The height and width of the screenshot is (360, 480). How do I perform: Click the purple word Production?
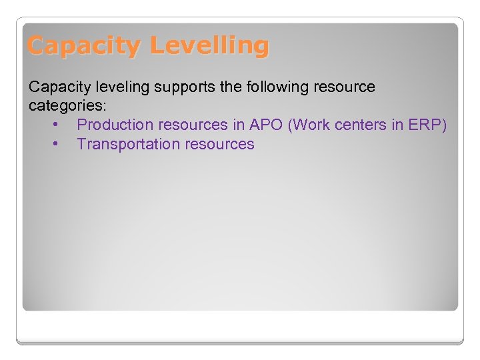(x=115, y=125)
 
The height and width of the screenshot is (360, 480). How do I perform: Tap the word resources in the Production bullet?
(x=193, y=125)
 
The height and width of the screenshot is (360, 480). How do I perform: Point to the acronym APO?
(x=266, y=125)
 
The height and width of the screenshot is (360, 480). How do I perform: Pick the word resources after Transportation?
(x=220, y=144)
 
